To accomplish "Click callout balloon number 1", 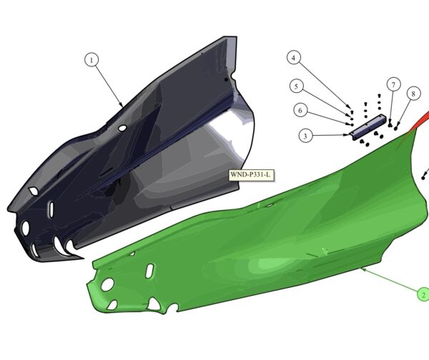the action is pos(92,60).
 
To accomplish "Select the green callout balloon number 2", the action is pos(423,295).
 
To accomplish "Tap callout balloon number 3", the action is pos(305,136).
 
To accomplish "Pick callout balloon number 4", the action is pos(294,58).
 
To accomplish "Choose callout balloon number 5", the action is pos(296,86).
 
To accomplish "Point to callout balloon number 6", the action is pos(300,111).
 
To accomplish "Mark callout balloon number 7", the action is pos(393,84).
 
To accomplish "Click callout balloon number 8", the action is pos(413,94).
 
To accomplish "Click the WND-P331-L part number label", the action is pos(252,175).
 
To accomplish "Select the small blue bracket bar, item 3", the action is pos(368,127).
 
